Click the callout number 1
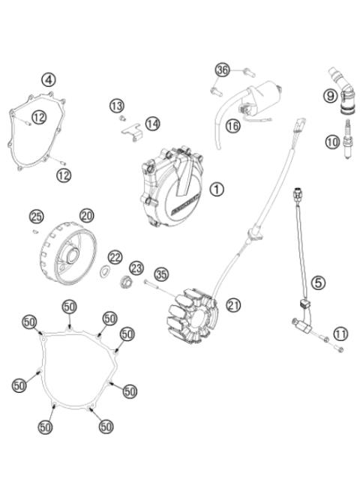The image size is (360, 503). (x=217, y=190)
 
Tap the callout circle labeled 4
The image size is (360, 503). (x=48, y=79)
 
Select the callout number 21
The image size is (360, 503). (x=234, y=304)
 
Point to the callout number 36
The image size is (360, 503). (x=221, y=70)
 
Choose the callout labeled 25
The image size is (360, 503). (x=37, y=217)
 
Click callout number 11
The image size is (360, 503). (x=340, y=334)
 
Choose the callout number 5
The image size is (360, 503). (x=319, y=283)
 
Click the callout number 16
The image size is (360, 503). (x=232, y=126)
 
